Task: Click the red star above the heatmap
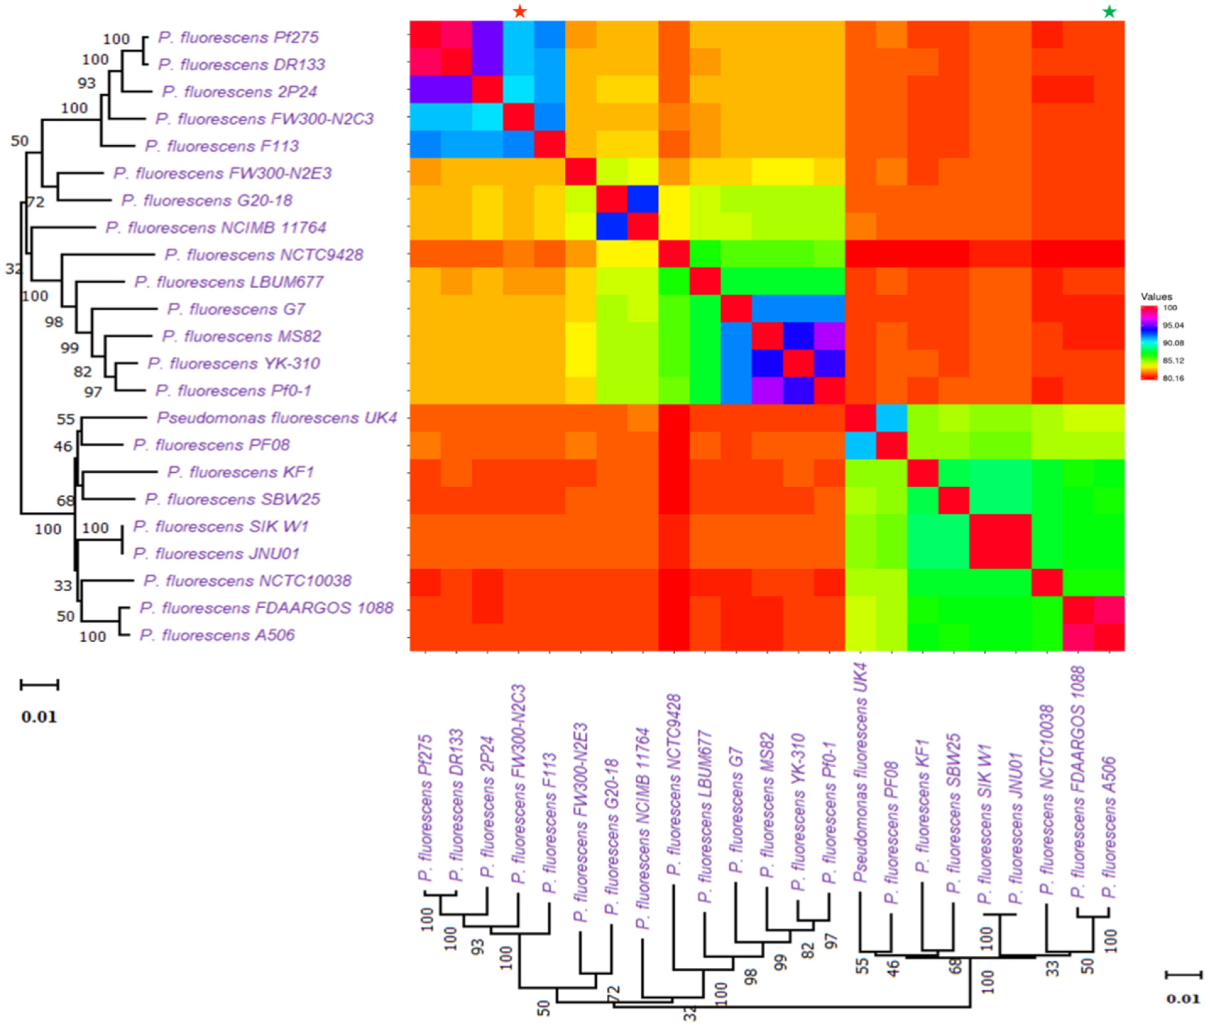click(520, 12)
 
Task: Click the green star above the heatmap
click(1109, 12)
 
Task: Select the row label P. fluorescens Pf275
click(238, 38)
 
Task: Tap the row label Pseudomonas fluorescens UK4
click(277, 418)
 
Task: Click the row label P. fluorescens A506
click(217, 635)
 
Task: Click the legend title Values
click(1156, 297)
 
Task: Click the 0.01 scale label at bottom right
click(1183, 999)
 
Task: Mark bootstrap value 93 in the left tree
click(86, 83)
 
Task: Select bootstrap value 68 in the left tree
click(65, 500)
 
